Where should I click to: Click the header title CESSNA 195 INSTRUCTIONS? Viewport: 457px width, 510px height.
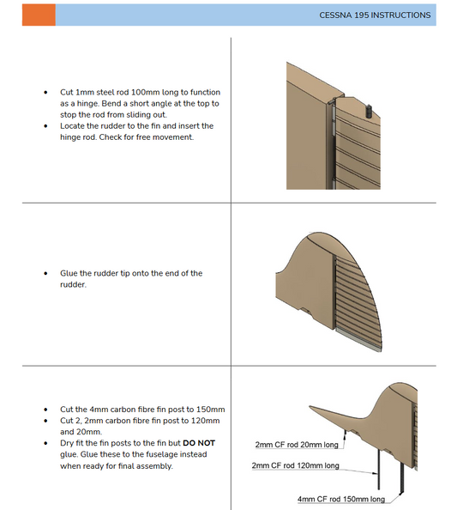click(x=375, y=15)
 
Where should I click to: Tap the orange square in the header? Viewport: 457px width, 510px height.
click(x=39, y=15)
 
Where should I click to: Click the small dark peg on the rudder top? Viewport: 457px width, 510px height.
click(x=369, y=111)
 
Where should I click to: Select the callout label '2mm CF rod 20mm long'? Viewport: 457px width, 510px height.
click(x=297, y=445)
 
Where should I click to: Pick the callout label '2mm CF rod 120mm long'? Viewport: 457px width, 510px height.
click(x=295, y=465)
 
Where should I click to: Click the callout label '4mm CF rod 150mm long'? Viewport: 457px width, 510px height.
click(x=341, y=499)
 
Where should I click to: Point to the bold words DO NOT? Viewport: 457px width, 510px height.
click(x=199, y=443)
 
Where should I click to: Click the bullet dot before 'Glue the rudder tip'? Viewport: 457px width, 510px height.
click(x=45, y=273)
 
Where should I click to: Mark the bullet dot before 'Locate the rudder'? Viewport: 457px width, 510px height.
click(x=45, y=126)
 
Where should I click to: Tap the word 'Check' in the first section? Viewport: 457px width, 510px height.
click(x=110, y=137)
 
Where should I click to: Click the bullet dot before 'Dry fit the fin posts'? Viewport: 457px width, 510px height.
click(x=45, y=443)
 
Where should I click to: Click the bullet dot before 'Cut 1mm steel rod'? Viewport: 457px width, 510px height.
click(x=45, y=93)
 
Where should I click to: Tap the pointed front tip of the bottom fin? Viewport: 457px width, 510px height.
click(x=309, y=406)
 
